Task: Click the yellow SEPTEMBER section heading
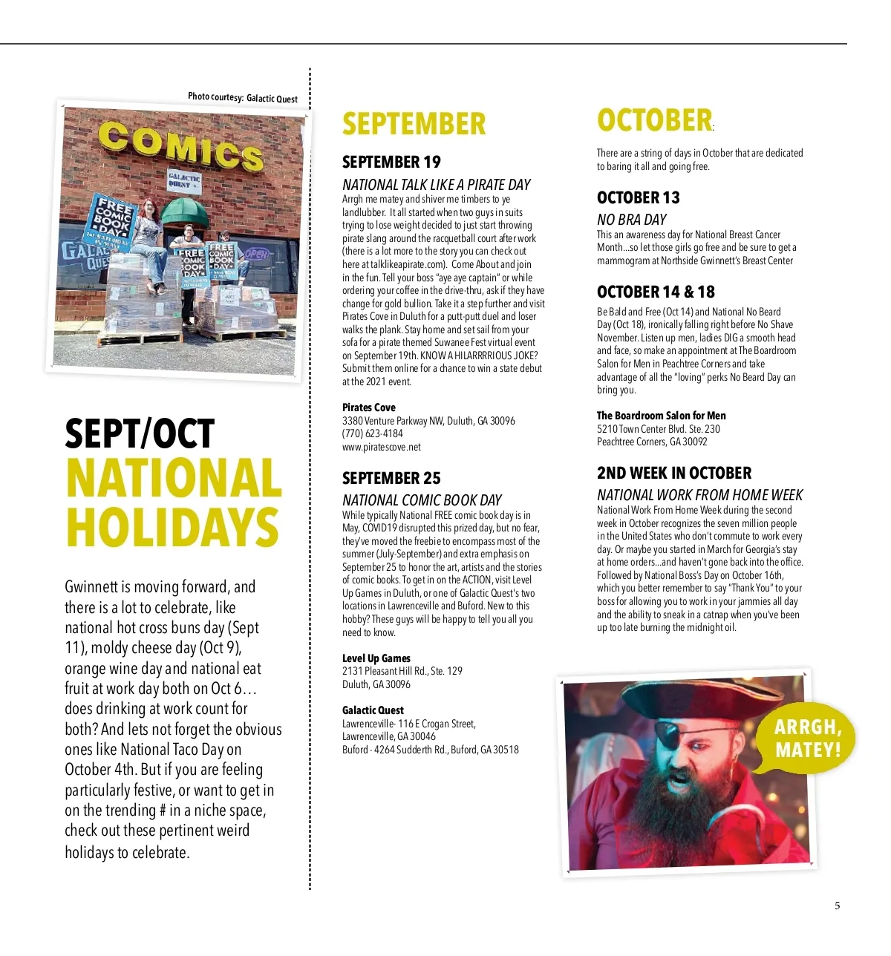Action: click(414, 124)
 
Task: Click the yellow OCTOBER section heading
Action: click(654, 121)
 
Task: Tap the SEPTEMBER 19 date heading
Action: click(391, 163)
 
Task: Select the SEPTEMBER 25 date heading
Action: click(391, 479)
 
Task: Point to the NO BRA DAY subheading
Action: click(632, 220)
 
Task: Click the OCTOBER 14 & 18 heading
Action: click(656, 292)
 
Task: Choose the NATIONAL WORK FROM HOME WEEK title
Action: click(699, 495)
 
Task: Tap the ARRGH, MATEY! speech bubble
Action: click(808, 738)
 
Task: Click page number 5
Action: click(838, 906)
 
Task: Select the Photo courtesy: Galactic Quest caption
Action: click(243, 97)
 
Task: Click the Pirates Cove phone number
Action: click(373, 434)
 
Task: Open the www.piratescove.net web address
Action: click(382, 447)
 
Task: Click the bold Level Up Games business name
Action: click(376, 658)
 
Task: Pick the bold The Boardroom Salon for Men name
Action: click(662, 416)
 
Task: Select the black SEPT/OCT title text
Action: click(140, 434)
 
